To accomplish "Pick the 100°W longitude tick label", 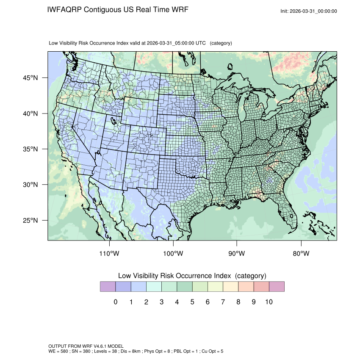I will click(x=173, y=254).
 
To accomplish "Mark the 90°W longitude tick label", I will click(x=237, y=254).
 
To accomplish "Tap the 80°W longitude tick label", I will click(x=301, y=254).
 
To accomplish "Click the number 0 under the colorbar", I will click(x=116, y=302).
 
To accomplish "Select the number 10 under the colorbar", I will click(x=269, y=302).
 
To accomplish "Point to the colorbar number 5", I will click(x=192, y=302).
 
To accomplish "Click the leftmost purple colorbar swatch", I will click(x=108, y=287).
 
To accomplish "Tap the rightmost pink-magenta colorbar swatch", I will click(x=277, y=287).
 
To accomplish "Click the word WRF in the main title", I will click(x=179, y=10).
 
